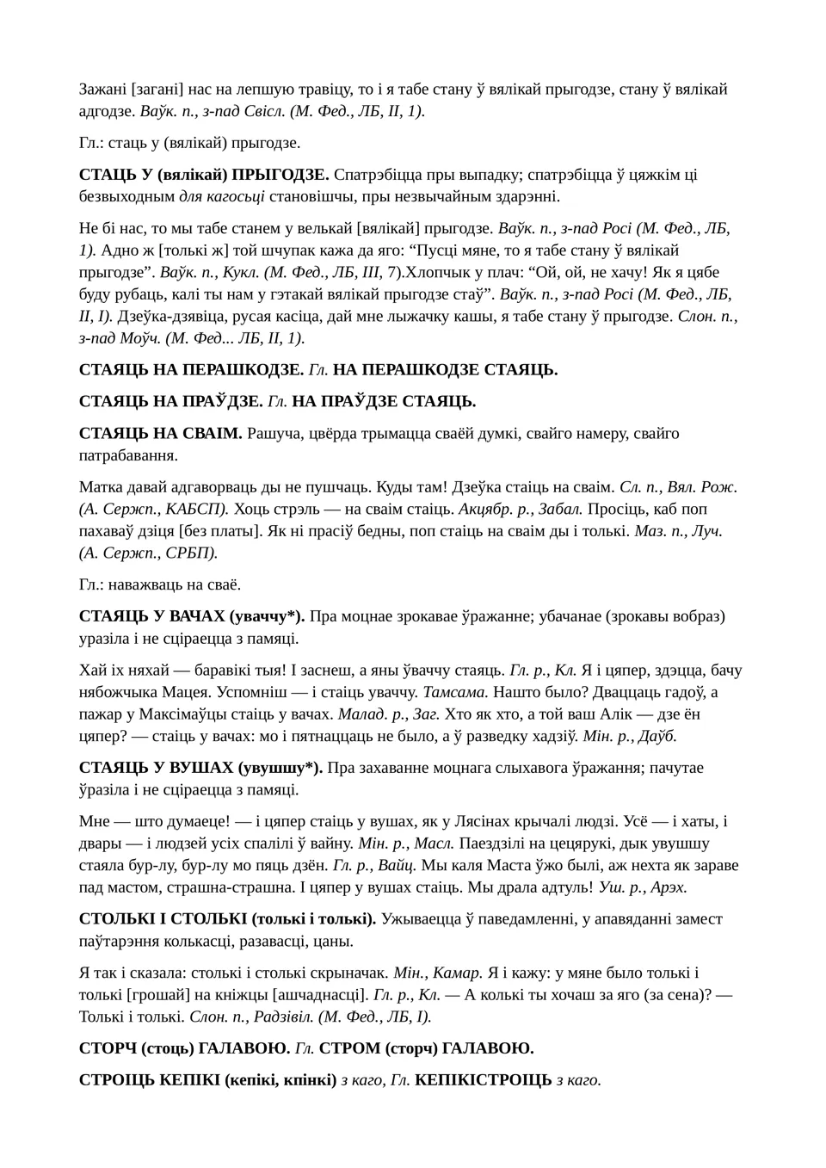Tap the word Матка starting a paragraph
tap(101, 486)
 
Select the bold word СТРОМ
tap(348, 1048)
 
